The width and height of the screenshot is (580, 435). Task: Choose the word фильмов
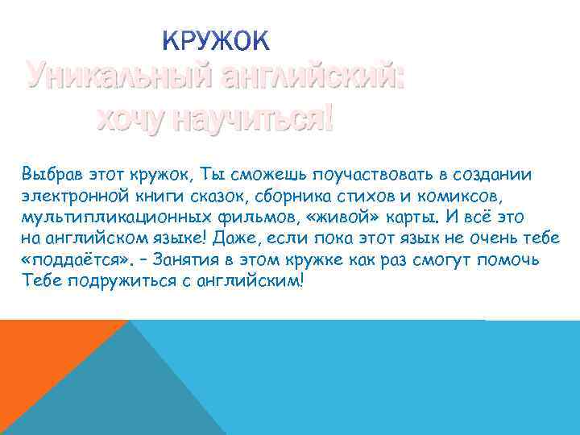239,217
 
